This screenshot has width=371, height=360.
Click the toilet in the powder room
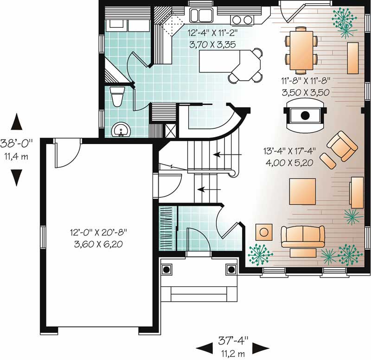[x=118, y=96]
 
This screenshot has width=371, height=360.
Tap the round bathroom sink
[x=121, y=130]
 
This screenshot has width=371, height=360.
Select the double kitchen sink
[x=202, y=15]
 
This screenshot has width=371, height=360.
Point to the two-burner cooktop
[x=242, y=19]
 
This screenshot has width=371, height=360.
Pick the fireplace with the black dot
[x=305, y=115]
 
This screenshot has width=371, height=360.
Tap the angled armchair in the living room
[x=342, y=146]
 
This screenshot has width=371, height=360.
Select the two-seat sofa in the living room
[x=303, y=236]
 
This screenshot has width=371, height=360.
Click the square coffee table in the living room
[x=302, y=191]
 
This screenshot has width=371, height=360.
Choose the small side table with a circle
[x=264, y=232]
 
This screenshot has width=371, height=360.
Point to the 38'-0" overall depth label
[x=16, y=144]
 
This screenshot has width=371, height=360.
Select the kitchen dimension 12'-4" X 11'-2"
[x=212, y=32]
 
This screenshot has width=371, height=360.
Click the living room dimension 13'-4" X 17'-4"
[x=289, y=151]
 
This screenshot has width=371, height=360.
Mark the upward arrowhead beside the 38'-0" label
[x=17, y=121]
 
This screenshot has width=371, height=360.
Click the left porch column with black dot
[x=166, y=269]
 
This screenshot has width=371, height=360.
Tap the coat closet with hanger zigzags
[x=167, y=228]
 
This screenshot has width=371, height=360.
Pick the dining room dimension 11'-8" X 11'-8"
[x=306, y=81]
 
